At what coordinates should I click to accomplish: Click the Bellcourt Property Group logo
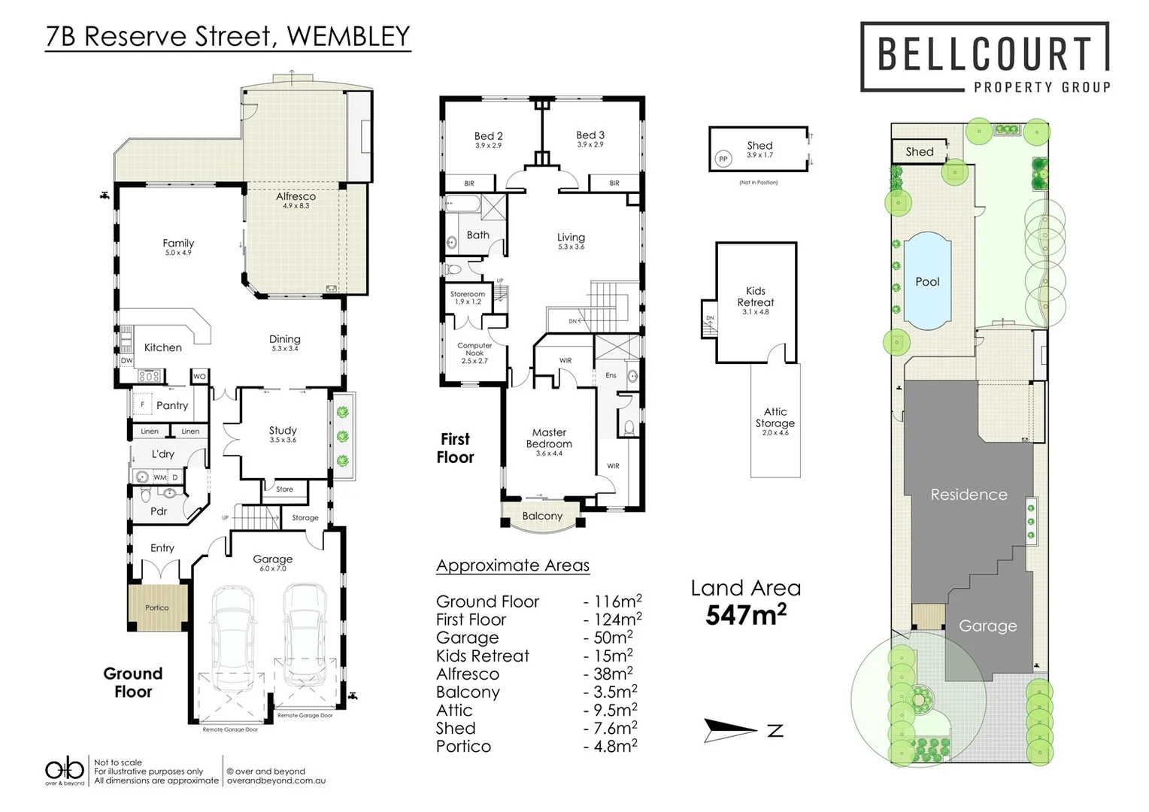[x=984, y=58]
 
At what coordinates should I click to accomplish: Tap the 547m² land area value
[x=745, y=615]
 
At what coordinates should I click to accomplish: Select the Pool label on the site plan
[x=927, y=282]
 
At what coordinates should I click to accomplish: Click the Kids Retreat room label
[x=755, y=297]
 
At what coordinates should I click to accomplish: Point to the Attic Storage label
[x=775, y=418]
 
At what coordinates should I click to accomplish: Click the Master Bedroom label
[x=549, y=438]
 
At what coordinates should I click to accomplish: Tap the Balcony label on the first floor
[x=541, y=516]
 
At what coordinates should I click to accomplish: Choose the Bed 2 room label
[x=488, y=136]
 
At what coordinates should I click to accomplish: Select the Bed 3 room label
[x=590, y=135]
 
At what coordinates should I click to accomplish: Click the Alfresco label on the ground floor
[x=296, y=196]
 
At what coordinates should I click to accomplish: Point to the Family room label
[x=178, y=244]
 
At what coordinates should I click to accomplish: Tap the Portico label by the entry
[x=157, y=607]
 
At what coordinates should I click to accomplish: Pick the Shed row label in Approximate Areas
[x=456, y=729]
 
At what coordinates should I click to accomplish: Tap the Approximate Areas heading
[x=513, y=565]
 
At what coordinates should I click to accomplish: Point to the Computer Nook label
[x=474, y=350]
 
